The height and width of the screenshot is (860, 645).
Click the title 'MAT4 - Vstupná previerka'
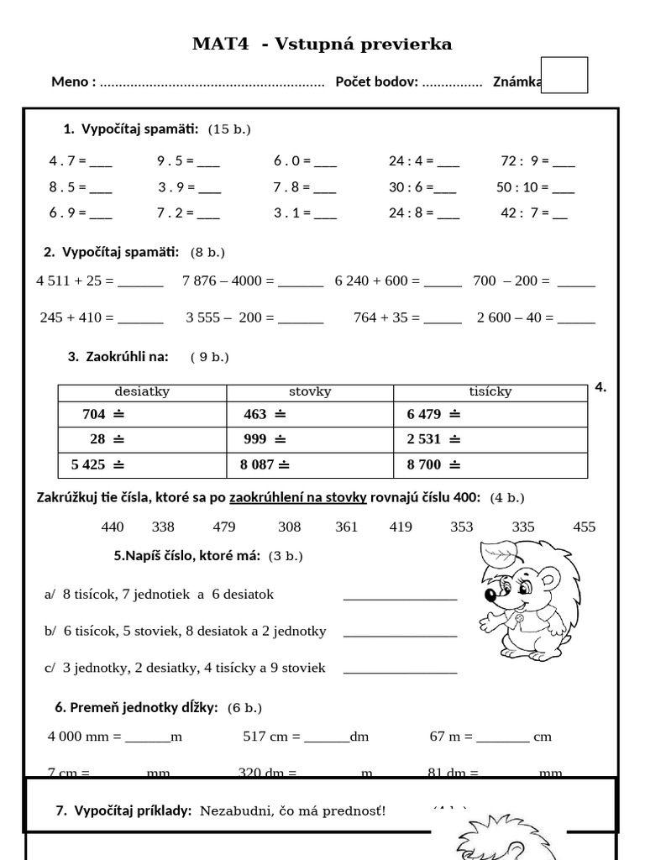click(322, 45)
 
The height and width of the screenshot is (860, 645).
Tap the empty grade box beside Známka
click(564, 75)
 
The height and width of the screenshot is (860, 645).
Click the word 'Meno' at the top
click(72, 81)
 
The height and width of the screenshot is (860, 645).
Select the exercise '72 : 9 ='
click(537, 160)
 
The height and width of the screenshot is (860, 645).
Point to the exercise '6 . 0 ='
click(305, 160)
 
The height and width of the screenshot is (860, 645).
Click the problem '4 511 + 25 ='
click(99, 281)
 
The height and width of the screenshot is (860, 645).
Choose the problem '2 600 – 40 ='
click(536, 317)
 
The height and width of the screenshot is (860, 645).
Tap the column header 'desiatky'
click(141, 391)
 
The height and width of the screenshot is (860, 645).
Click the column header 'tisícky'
click(490, 391)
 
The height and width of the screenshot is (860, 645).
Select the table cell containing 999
click(309, 439)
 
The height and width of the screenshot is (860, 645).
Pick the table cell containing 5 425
click(142, 464)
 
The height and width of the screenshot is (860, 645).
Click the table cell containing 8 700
click(490, 464)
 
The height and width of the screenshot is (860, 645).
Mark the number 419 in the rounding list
click(401, 527)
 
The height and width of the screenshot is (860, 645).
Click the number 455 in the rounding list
click(584, 527)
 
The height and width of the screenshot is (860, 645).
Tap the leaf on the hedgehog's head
click(502, 553)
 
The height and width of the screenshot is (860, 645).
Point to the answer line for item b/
click(400, 635)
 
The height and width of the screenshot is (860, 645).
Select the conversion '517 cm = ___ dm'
click(306, 737)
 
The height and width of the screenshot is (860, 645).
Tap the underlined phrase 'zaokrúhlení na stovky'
click(298, 497)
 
